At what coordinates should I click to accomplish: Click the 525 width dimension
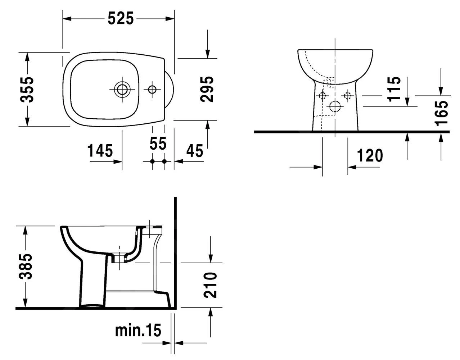(121, 18)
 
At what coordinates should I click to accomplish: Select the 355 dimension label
(27, 90)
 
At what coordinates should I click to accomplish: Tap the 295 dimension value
(207, 89)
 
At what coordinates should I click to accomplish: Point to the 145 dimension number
(100, 151)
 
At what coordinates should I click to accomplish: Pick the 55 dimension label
(158, 143)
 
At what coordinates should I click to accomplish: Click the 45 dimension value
(194, 151)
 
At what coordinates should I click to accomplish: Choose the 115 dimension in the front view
(394, 89)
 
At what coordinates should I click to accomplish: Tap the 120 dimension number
(370, 155)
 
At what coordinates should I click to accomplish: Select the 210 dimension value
(210, 285)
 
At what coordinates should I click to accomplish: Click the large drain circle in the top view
(122, 90)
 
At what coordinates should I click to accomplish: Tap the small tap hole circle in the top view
(152, 90)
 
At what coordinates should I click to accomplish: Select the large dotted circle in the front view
(335, 106)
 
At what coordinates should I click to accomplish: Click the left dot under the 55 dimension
(152, 161)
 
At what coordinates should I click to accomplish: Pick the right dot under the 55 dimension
(164, 161)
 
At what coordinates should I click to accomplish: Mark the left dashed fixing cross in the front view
(322, 96)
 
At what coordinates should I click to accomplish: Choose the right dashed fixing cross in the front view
(347, 96)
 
